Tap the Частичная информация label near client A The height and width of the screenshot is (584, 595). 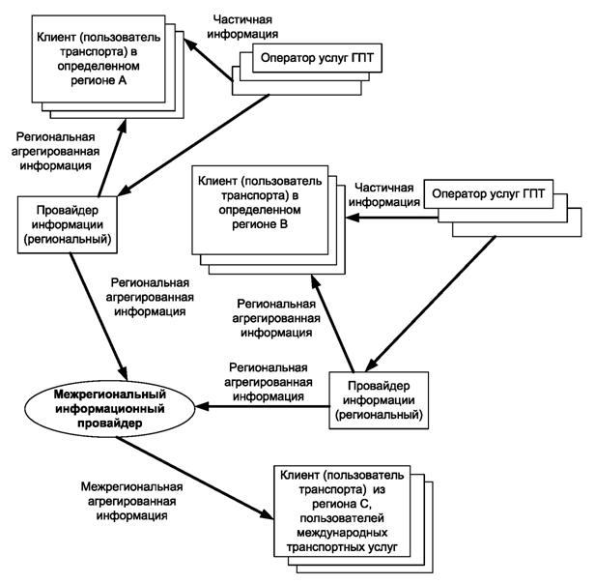tap(236, 26)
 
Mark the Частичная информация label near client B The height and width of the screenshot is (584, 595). tap(384, 194)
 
